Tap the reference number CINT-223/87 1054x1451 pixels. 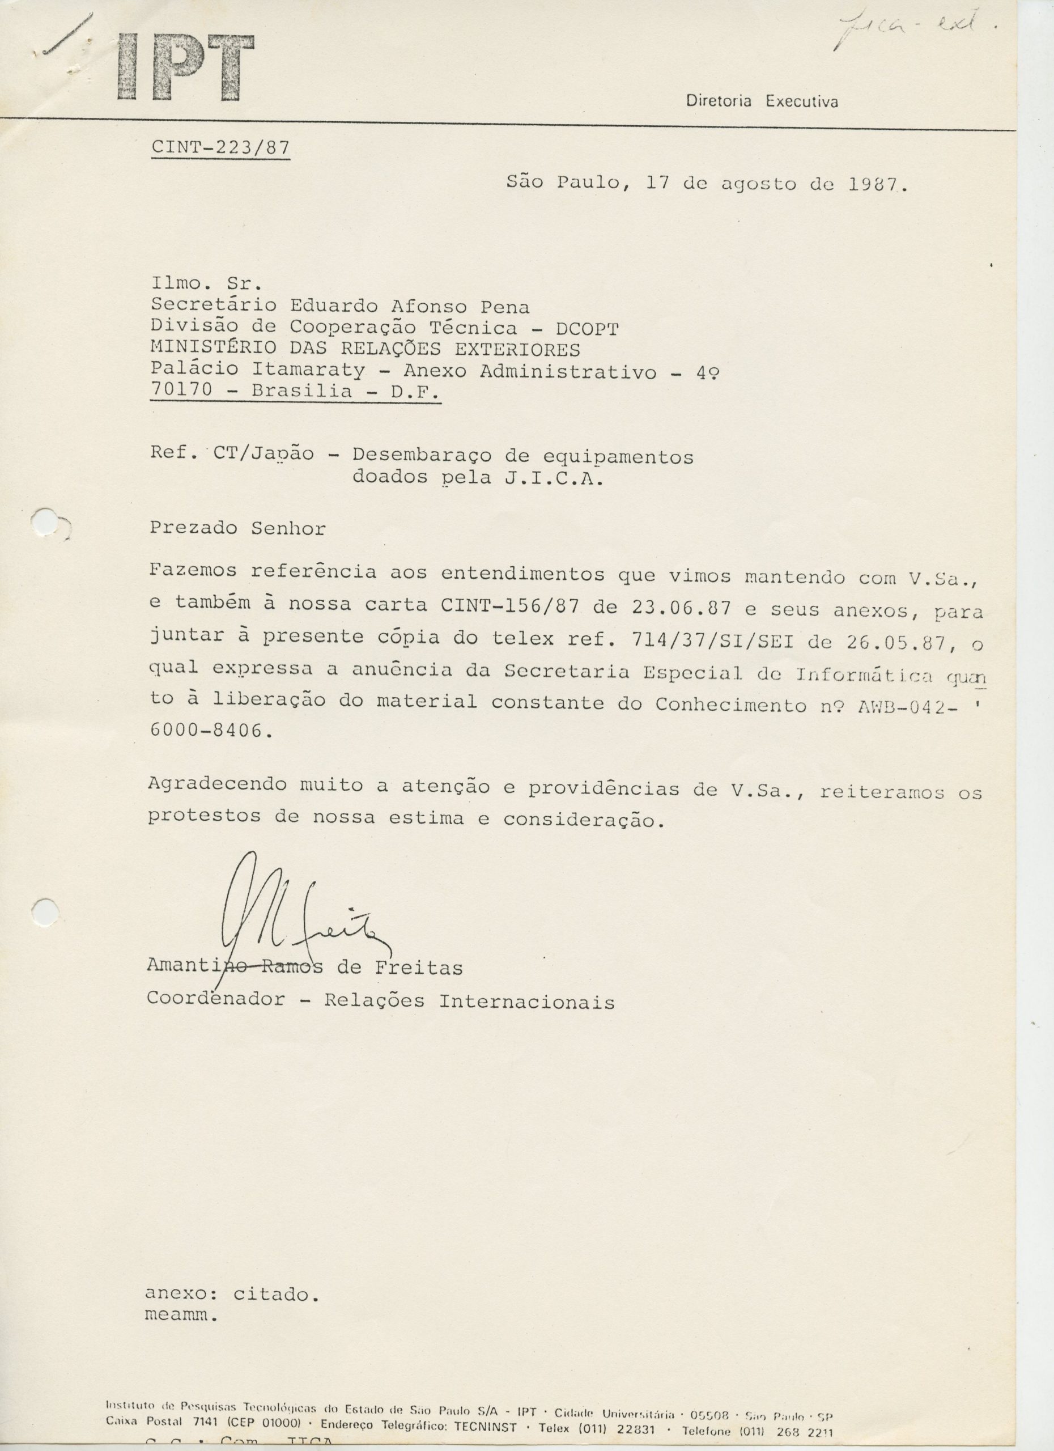[x=220, y=148]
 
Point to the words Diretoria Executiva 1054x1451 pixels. [x=762, y=101]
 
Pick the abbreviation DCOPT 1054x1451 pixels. [x=587, y=329]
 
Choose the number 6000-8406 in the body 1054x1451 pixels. [x=206, y=731]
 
